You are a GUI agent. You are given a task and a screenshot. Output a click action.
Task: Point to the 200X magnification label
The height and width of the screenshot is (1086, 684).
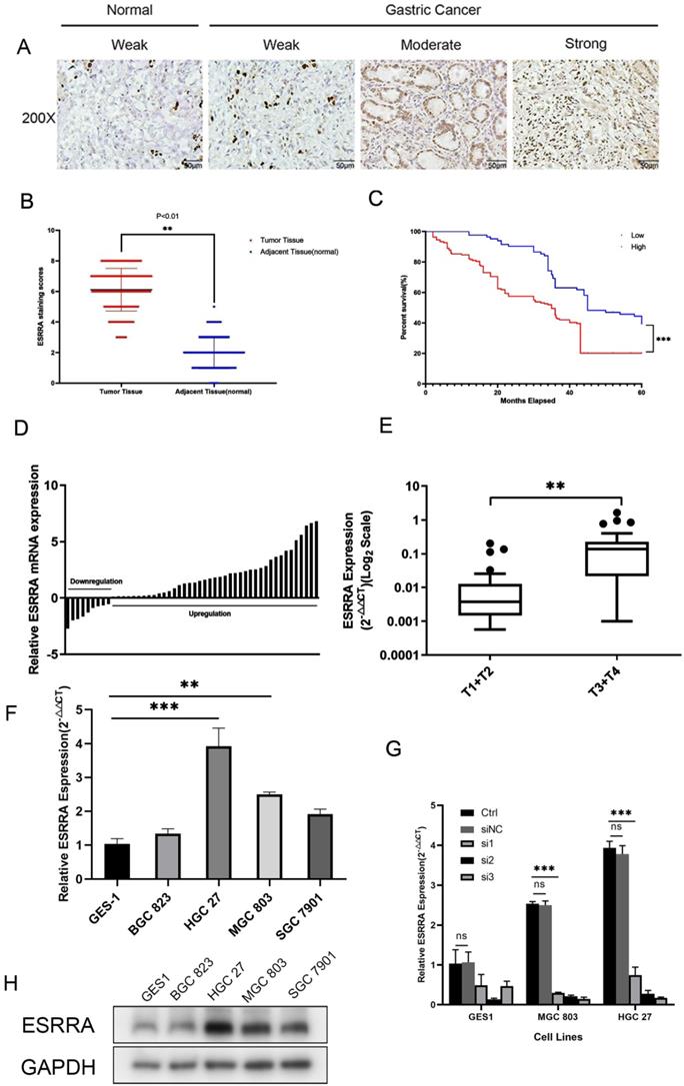pyautogui.click(x=37, y=116)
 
